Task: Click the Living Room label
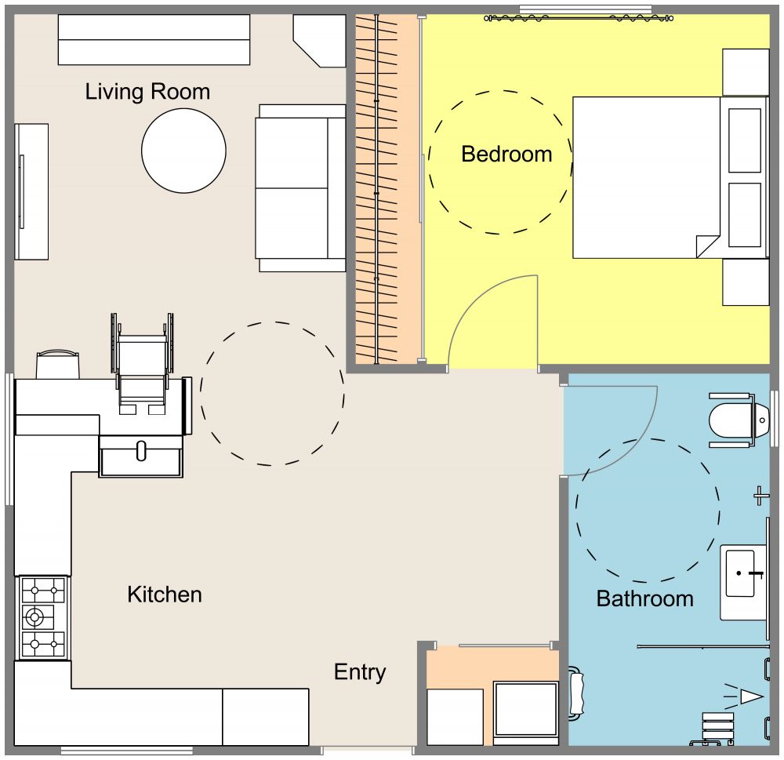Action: point(147,92)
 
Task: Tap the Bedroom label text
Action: point(506,154)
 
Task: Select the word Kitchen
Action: point(165,595)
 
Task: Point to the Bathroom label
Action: point(644,599)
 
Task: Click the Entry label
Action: point(360,672)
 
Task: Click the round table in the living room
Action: point(184,151)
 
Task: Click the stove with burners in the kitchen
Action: point(42,617)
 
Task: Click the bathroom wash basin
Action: point(741,573)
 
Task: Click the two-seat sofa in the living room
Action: point(301,188)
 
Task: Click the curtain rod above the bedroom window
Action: point(579,16)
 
